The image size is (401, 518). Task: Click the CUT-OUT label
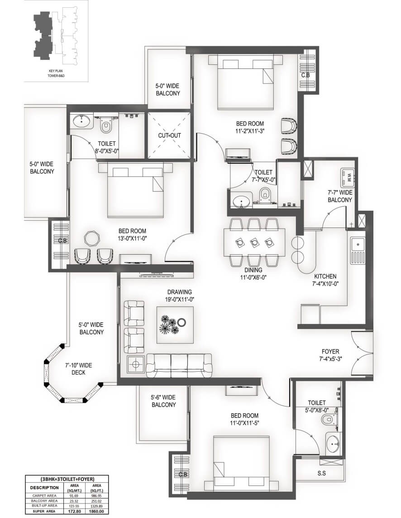click(170, 136)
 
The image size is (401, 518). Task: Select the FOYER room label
click(330, 352)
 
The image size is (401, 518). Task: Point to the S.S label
click(322, 473)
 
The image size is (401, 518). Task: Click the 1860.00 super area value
click(97, 511)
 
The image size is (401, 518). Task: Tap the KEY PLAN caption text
click(56, 71)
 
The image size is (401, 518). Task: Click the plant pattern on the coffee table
click(169, 324)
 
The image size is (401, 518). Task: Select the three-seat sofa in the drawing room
click(179, 365)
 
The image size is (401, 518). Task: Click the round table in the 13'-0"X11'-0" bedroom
click(91, 237)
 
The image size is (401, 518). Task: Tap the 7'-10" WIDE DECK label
click(78, 369)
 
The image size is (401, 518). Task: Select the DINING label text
click(253, 270)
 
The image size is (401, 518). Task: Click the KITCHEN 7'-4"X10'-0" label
click(325, 280)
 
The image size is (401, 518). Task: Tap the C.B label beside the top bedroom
click(306, 75)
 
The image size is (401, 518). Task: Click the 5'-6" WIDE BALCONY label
click(164, 401)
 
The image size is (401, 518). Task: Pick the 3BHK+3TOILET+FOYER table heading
click(67, 479)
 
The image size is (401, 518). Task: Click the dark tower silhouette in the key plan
click(42, 36)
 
